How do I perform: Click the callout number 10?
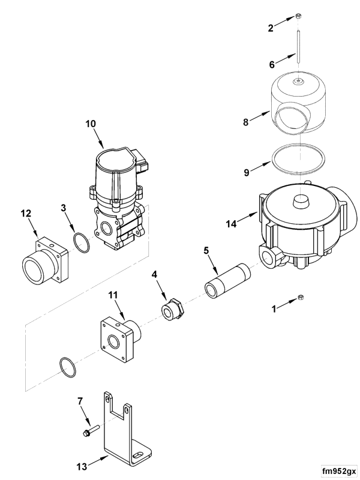(x=90, y=125)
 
